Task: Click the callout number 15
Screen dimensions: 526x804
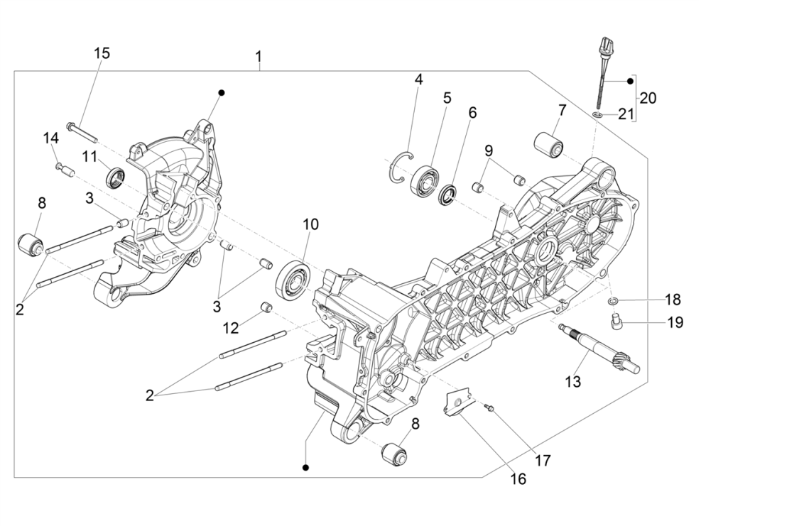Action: click(x=102, y=53)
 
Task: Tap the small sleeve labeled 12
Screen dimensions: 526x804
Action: click(x=268, y=307)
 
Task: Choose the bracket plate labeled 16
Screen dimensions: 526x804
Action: click(x=458, y=402)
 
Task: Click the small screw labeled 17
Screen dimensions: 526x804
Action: click(x=490, y=408)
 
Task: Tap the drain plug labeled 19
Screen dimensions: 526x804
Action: click(x=616, y=324)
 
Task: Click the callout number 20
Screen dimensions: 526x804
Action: click(x=648, y=97)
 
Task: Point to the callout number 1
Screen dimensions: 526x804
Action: click(x=259, y=56)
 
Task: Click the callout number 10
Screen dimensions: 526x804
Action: click(x=310, y=224)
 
